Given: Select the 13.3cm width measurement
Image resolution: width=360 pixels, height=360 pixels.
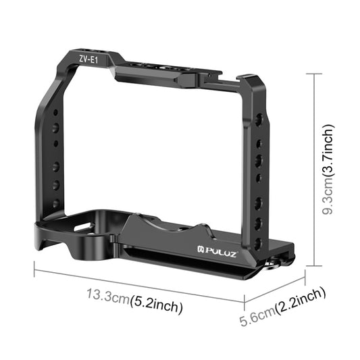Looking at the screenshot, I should point(107,298).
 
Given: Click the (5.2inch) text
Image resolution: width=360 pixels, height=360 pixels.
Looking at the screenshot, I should point(156,306).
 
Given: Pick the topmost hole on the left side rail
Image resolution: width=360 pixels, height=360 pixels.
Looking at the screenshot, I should point(56,108).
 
